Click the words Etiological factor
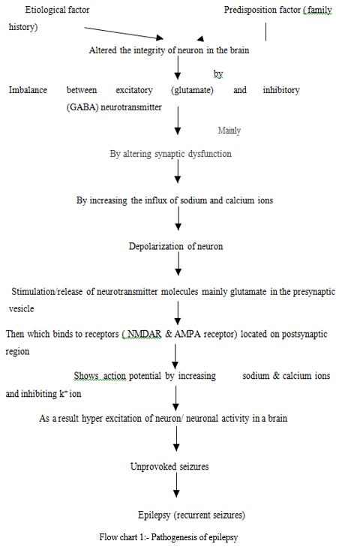click(57, 10)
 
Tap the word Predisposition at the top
click(247, 10)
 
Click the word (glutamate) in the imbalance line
click(192, 90)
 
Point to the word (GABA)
click(82, 107)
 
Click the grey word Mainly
click(229, 131)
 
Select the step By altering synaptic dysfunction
click(170, 154)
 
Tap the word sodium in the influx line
click(193, 200)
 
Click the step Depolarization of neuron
click(175, 246)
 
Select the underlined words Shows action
click(100, 376)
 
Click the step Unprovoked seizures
click(169, 467)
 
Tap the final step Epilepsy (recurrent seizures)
click(191, 515)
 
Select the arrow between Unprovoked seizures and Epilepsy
click(176, 485)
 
